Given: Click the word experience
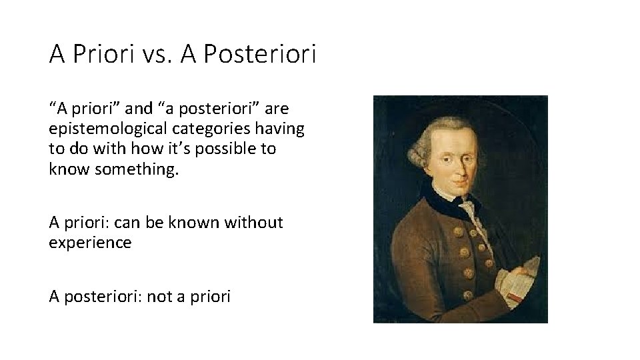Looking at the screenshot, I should coord(90,243).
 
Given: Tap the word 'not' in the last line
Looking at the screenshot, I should coord(159,297).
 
